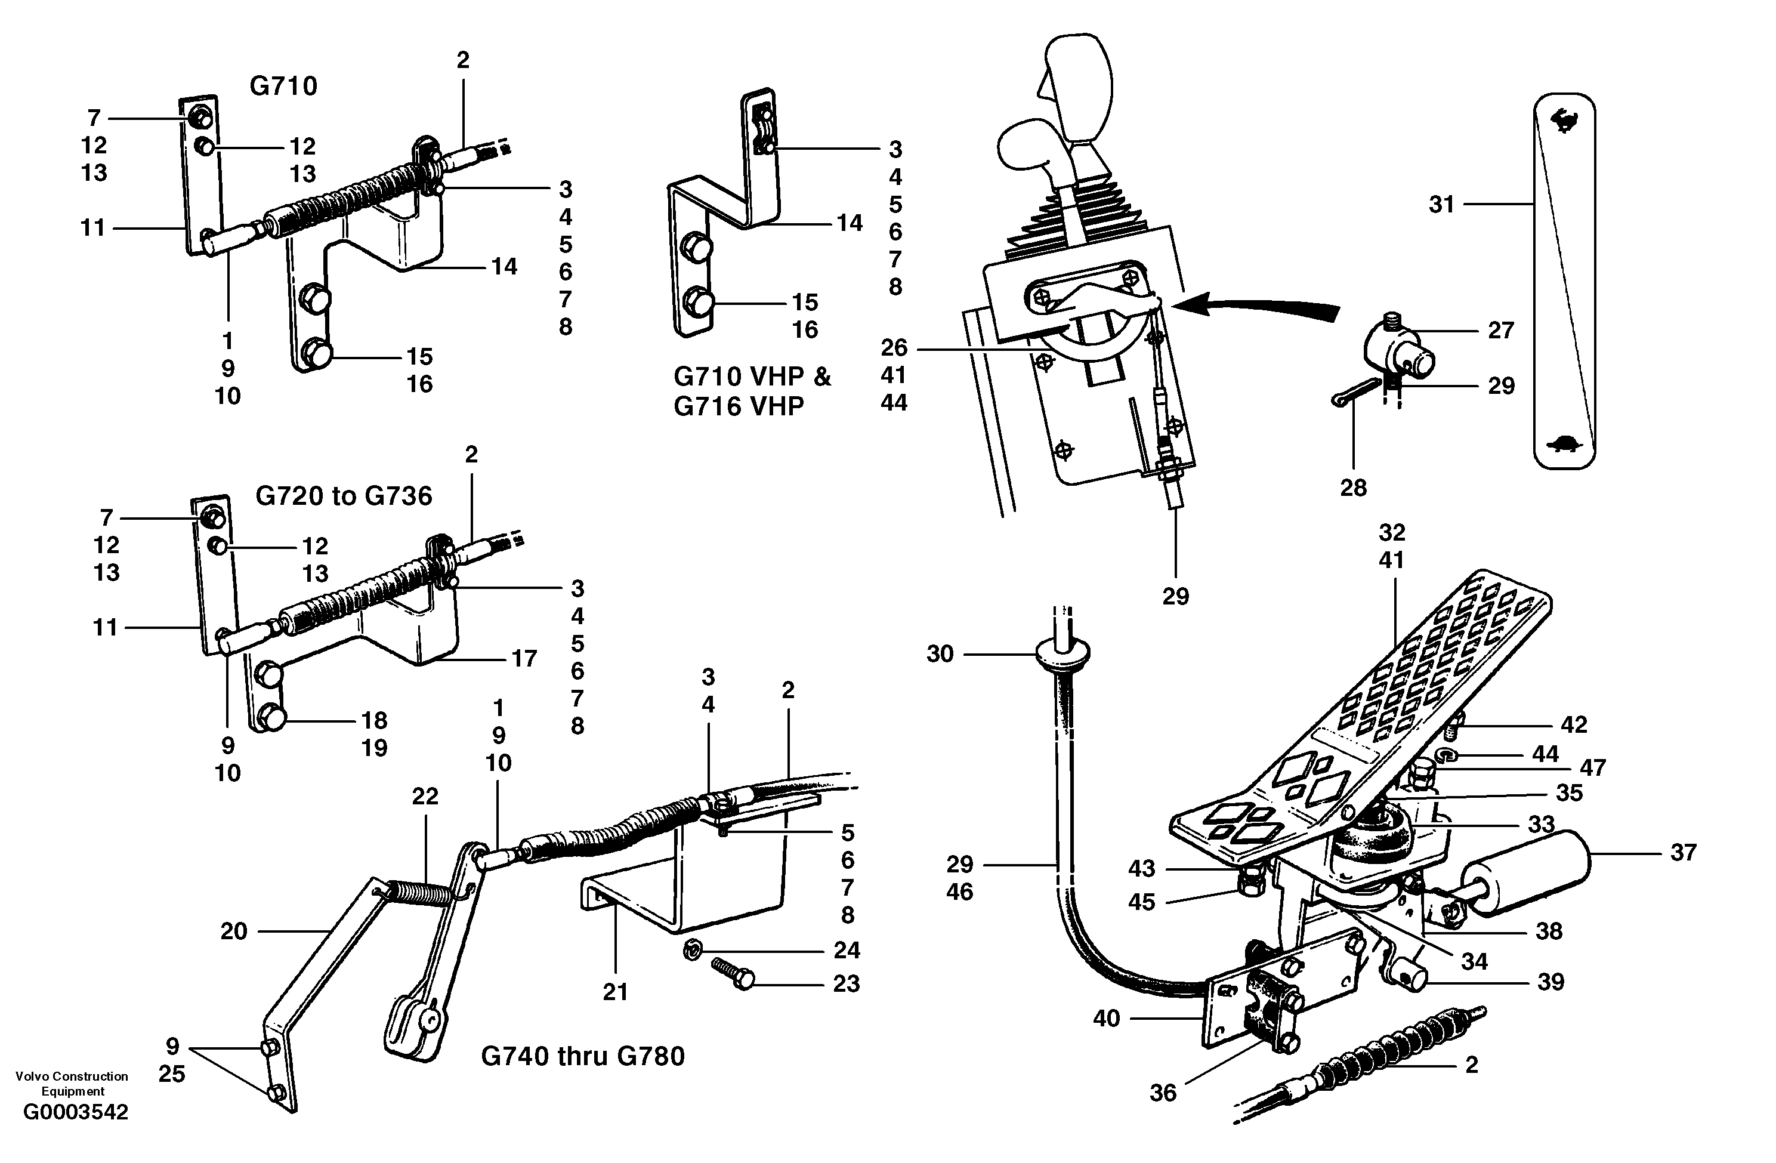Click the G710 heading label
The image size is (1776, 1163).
click(283, 87)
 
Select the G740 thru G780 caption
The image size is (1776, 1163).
click(582, 1056)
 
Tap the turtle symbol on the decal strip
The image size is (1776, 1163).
click(1565, 446)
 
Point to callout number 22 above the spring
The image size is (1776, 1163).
click(425, 796)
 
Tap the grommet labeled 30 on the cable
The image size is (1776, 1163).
click(1062, 654)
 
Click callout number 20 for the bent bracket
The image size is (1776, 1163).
click(234, 931)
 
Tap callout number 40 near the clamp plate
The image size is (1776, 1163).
click(1106, 1018)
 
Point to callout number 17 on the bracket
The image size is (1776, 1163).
click(524, 658)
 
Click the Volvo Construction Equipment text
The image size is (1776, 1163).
click(72, 1083)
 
